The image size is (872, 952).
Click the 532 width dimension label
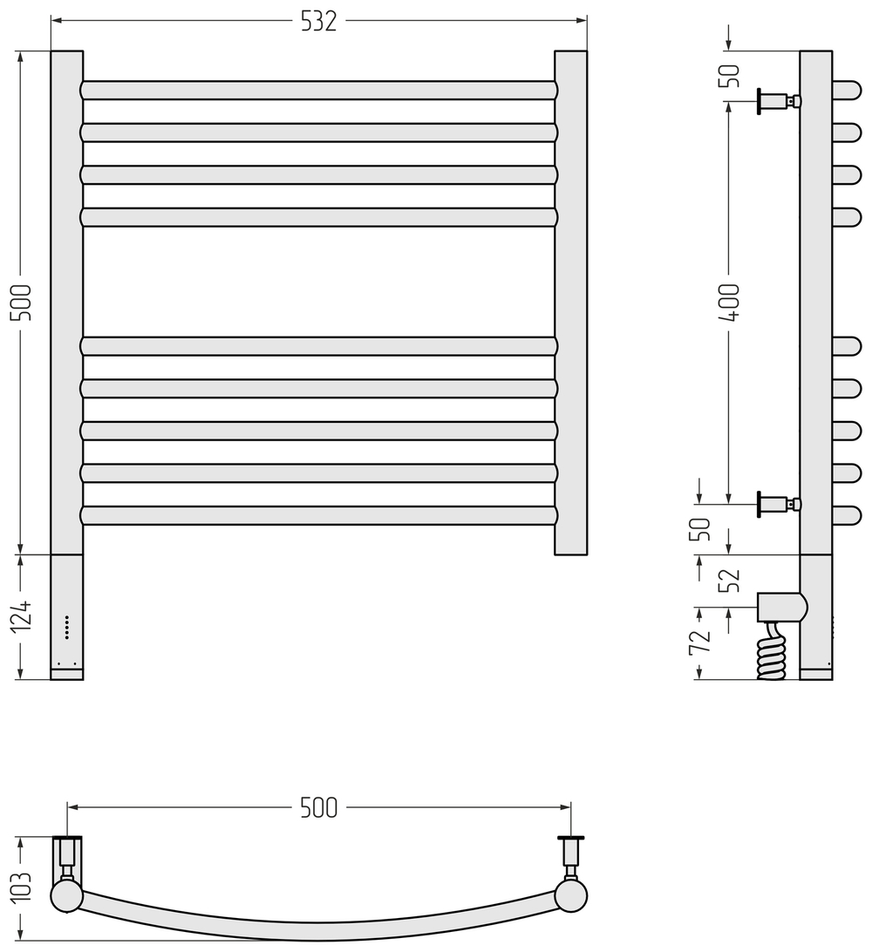click(x=318, y=22)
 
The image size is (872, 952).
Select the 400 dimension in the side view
click(x=729, y=302)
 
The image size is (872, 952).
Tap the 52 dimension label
click(x=729, y=581)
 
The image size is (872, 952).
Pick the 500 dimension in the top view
click(x=318, y=808)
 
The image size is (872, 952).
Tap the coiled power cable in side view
click(x=772, y=654)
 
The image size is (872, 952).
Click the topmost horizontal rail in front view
click(x=318, y=90)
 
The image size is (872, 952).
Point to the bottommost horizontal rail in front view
click(x=318, y=515)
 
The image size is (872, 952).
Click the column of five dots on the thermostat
click(x=67, y=627)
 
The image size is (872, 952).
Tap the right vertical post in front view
click(x=570, y=302)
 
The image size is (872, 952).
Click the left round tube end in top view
click(x=67, y=896)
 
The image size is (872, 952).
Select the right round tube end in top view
click(x=570, y=896)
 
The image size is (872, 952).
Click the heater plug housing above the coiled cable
click(x=781, y=607)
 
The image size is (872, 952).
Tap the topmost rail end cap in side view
click(x=846, y=90)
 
